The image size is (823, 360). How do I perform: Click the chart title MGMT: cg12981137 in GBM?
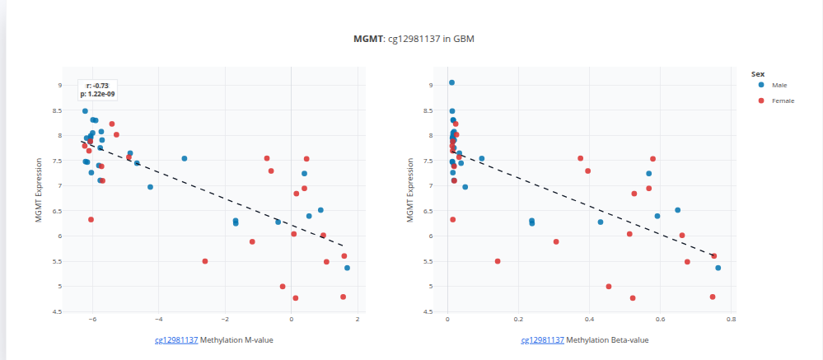[x=411, y=40]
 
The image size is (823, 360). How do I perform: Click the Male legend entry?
[x=779, y=85]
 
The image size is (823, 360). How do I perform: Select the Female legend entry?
[x=783, y=101]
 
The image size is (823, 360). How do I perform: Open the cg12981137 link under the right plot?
[x=542, y=339]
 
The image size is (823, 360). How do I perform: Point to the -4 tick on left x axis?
[x=158, y=320]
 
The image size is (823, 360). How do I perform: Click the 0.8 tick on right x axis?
[x=730, y=320]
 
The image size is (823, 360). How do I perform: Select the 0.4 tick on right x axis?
[x=588, y=320]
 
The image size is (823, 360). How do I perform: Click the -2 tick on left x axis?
[x=224, y=320]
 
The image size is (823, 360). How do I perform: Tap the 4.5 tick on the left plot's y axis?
[x=56, y=311]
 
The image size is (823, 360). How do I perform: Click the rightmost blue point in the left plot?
[x=347, y=268]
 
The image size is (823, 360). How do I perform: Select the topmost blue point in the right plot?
[x=451, y=82]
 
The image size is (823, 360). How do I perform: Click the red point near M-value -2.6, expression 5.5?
[x=205, y=261]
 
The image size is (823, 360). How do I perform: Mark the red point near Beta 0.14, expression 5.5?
[x=498, y=261]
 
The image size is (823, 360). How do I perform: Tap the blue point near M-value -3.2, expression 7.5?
[x=185, y=158]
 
